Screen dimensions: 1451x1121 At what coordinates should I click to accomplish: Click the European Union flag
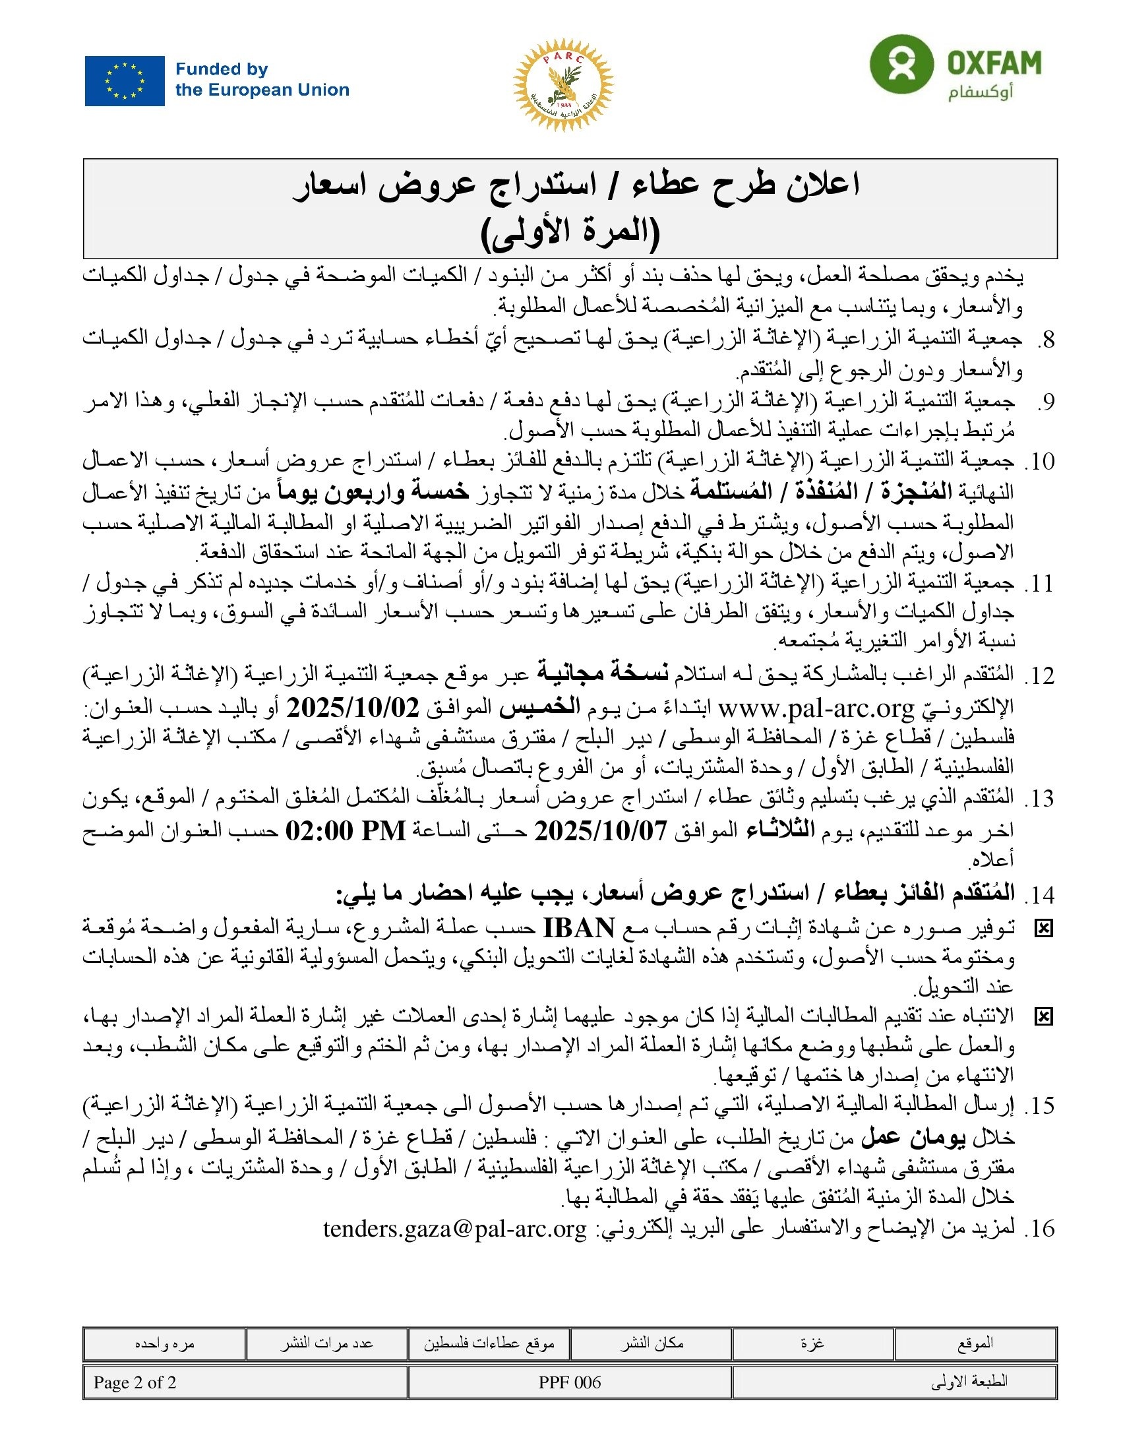coord(124,80)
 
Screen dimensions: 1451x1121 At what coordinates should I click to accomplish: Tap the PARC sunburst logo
coord(562,84)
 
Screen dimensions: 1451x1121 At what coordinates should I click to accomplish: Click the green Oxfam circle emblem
coord(901,65)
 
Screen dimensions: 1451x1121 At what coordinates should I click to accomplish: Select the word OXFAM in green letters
coord(994,63)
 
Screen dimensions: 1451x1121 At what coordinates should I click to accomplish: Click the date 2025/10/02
coord(352,708)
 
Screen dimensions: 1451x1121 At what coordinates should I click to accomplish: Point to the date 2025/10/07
coord(599,830)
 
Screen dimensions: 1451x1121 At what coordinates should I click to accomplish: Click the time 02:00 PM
coord(346,830)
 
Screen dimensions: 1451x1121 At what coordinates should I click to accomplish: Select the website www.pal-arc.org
coord(816,708)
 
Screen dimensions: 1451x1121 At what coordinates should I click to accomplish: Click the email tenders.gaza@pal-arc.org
coord(455,1229)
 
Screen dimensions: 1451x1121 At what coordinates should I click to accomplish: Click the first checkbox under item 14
coord(1043,929)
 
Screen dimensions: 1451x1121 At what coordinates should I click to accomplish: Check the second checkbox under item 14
coord(1043,1016)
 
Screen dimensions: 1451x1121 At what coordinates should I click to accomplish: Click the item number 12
coord(1039,675)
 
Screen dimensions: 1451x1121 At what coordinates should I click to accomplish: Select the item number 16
coord(1039,1229)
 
